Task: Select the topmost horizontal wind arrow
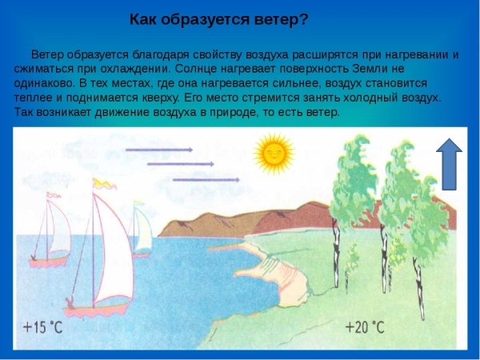tap(160, 149)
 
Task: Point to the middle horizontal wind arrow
tap(181, 164)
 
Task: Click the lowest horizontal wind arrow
tap(206, 180)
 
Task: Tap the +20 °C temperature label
tap(364, 327)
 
